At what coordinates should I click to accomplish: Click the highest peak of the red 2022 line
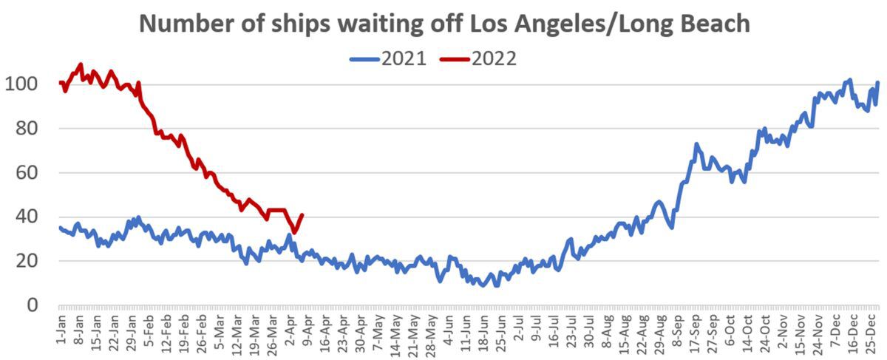(x=81, y=65)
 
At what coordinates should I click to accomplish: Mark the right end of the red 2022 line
(x=302, y=215)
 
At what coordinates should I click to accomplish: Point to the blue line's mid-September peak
(x=696, y=144)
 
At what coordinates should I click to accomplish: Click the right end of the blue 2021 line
(x=878, y=82)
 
